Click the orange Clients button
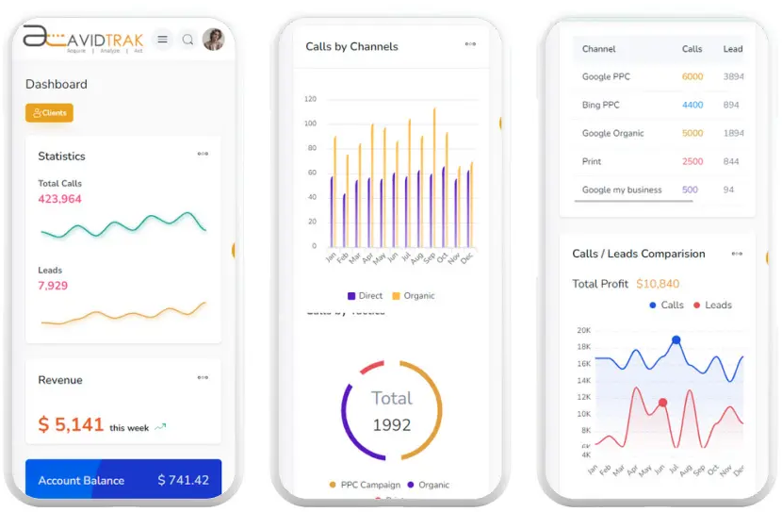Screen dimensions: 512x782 coord(49,113)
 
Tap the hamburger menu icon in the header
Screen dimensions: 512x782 coord(163,40)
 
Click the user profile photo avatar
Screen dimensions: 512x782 coord(214,40)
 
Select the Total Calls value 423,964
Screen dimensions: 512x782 coord(59,199)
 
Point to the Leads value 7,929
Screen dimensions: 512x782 coord(53,286)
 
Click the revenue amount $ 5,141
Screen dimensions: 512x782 coord(71,425)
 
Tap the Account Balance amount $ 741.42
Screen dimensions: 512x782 coord(184,480)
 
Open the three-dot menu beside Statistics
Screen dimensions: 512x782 coord(203,155)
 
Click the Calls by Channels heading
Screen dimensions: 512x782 coord(351,46)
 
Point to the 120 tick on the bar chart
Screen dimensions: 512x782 coord(310,99)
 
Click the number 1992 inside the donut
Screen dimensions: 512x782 coord(392,425)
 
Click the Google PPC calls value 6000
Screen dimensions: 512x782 coord(692,76)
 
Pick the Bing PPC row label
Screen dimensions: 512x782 coord(601,105)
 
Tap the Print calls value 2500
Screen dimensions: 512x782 coord(692,161)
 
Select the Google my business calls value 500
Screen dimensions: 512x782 coord(691,190)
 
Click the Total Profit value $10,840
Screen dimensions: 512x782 coord(658,284)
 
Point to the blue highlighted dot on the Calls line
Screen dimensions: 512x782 coord(676,339)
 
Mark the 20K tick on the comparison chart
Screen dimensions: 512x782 coord(584,330)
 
